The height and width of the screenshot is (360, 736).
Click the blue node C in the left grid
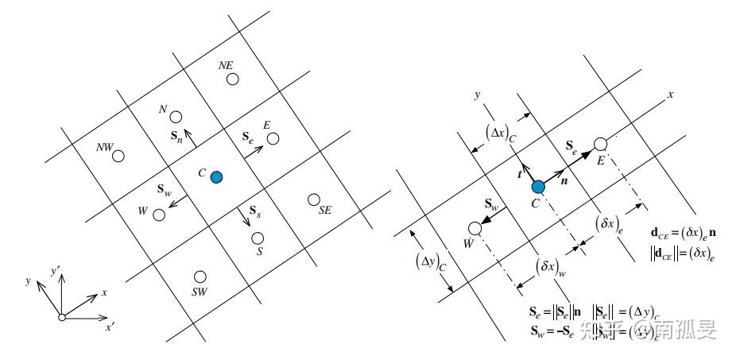point(216,176)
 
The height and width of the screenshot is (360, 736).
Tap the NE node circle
point(231,79)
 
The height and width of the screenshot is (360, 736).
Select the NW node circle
point(118,156)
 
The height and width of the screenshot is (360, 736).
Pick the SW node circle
point(200,277)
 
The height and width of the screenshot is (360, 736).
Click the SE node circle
point(314,199)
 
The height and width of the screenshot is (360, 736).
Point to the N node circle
point(176,117)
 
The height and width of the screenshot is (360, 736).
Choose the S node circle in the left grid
point(257,238)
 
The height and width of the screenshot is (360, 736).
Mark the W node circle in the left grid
point(159,215)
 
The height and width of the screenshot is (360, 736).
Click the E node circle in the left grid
point(273,138)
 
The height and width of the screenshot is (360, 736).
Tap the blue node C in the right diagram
point(538,187)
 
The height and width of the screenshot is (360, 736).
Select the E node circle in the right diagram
point(601,144)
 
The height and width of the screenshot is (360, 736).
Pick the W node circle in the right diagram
point(475,228)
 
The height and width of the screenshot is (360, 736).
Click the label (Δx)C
point(501,137)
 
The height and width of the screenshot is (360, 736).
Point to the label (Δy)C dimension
point(429,261)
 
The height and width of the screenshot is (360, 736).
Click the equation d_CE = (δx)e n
point(681,235)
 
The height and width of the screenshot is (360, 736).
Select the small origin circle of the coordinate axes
point(61,317)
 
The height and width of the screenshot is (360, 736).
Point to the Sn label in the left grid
point(176,137)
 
